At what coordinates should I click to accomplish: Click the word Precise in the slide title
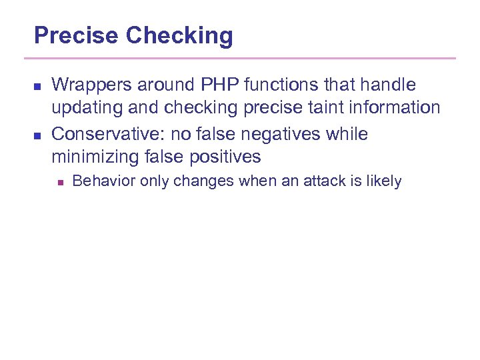[77, 35]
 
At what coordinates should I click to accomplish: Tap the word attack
[329, 181]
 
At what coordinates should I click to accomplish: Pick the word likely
[384, 181]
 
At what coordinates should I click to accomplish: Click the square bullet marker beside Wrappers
[37, 86]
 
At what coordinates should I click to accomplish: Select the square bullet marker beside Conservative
[37, 135]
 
